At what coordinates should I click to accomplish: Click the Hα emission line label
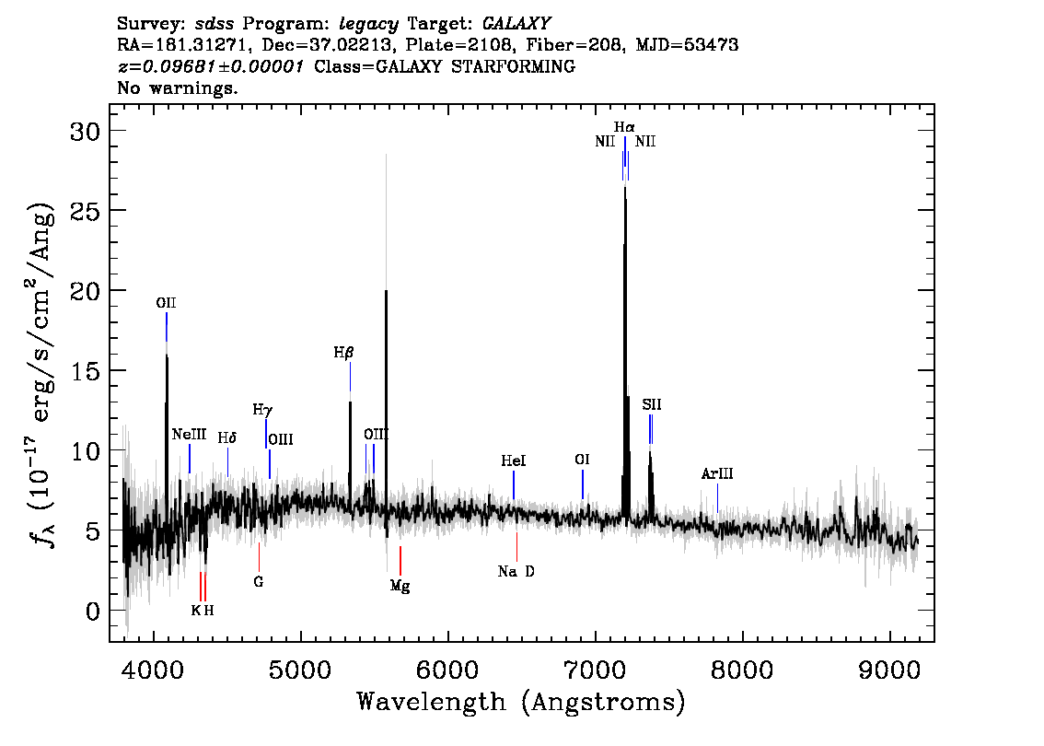[624, 126]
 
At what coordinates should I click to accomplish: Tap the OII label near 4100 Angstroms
[166, 303]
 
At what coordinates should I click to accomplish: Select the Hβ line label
[343, 353]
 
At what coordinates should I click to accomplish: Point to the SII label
[652, 404]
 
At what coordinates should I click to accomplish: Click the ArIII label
[717, 473]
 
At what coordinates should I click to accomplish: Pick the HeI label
[514, 460]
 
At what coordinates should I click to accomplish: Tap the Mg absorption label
[400, 586]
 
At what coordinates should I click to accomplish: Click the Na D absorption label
[516, 572]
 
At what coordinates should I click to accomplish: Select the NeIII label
[189, 435]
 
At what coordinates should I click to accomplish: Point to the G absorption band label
[259, 581]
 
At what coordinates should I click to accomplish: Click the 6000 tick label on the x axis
[448, 670]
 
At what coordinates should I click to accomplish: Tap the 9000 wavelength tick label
[888, 670]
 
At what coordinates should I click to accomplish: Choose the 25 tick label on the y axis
[85, 211]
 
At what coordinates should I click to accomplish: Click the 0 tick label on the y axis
[93, 612]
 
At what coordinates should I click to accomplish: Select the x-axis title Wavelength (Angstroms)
[521, 702]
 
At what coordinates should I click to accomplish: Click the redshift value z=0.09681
[211, 66]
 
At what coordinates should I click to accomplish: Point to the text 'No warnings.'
[177, 87]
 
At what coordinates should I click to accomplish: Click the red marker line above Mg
[400, 560]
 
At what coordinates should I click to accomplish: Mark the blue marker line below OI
[583, 484]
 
